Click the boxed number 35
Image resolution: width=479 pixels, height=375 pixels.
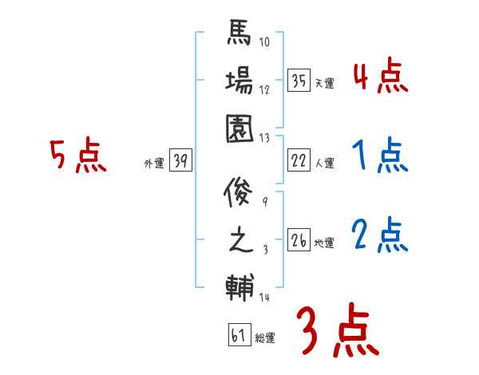299,81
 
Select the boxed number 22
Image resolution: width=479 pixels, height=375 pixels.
299,161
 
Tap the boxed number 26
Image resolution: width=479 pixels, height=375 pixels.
299,240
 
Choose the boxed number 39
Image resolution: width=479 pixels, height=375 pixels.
180,161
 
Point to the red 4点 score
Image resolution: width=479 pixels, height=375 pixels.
380,77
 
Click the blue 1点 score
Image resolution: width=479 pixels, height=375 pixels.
380,157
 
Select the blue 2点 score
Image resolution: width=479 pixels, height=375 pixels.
380,236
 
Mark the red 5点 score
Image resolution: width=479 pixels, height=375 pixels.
78,156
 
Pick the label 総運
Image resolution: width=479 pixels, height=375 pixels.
265,338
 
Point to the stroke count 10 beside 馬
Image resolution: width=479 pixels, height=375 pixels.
263,42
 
